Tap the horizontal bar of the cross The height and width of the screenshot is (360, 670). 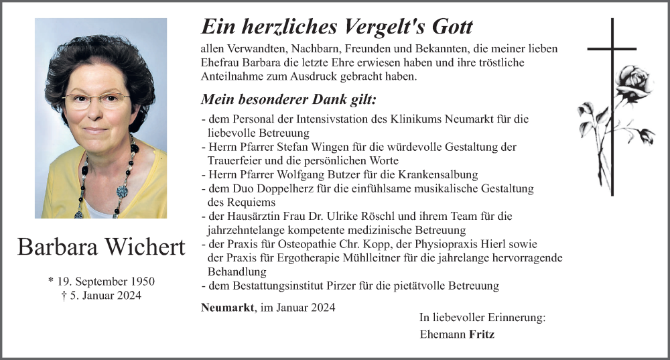(611, 49)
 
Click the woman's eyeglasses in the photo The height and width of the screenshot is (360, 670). (96, 101)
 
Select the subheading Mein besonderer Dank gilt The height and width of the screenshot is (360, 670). (289, 100)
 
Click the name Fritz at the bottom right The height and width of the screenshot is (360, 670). (482, 334)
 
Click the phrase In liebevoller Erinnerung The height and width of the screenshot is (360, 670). (482, 318)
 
